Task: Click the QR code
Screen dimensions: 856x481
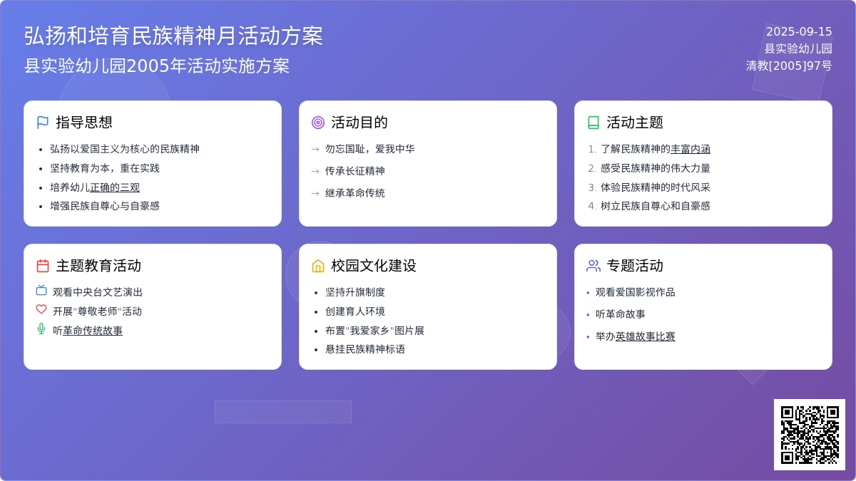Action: pyautogui.click(x=810, y=435)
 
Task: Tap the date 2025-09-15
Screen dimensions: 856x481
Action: pyautogui.click(x=799, y=31)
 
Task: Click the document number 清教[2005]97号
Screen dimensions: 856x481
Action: pyautogui.click(x=789, y=66)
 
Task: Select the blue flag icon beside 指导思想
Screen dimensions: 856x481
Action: pyautogui.click(x=42, y=123)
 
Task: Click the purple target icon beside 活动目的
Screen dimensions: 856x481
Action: pyautogui.click(x=318, y=123)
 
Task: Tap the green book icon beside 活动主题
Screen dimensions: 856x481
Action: pyautogui.click(x=593, y=123)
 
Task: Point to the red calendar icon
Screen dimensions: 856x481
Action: pyautogui.click(x=42, y=266)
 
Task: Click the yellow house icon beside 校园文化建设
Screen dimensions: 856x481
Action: pyautogui.click(x=318, y=266)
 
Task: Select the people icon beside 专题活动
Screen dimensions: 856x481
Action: pyautogui.click(x=593, y=266)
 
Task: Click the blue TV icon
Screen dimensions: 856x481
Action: pyautogui.click(x=41, y=290)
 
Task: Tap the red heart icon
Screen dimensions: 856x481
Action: pyautogui.click(x=41, y=309)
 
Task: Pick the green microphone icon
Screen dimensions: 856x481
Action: pyautogui.click(x=41, y=329)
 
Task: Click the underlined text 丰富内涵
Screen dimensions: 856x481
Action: pyautogui.click(x=691, y=149)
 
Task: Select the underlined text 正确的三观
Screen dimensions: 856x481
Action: pyautogui.click(x=115, y=187)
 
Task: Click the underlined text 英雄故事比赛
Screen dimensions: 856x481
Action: pyautogui.click(x=645, y=336)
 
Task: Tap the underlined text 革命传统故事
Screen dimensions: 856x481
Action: pyautogui.click(x=93, y=331)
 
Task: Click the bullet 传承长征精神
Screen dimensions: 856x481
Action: pyautogui.click(x=355, y=171)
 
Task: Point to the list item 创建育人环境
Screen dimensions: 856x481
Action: pyautogui.click(x=355, y=311)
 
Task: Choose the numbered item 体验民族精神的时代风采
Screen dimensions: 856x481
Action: pyautogui.click(x=656, y=187)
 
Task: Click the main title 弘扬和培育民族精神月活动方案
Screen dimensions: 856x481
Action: pyautogui.click(x=173, y=36)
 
